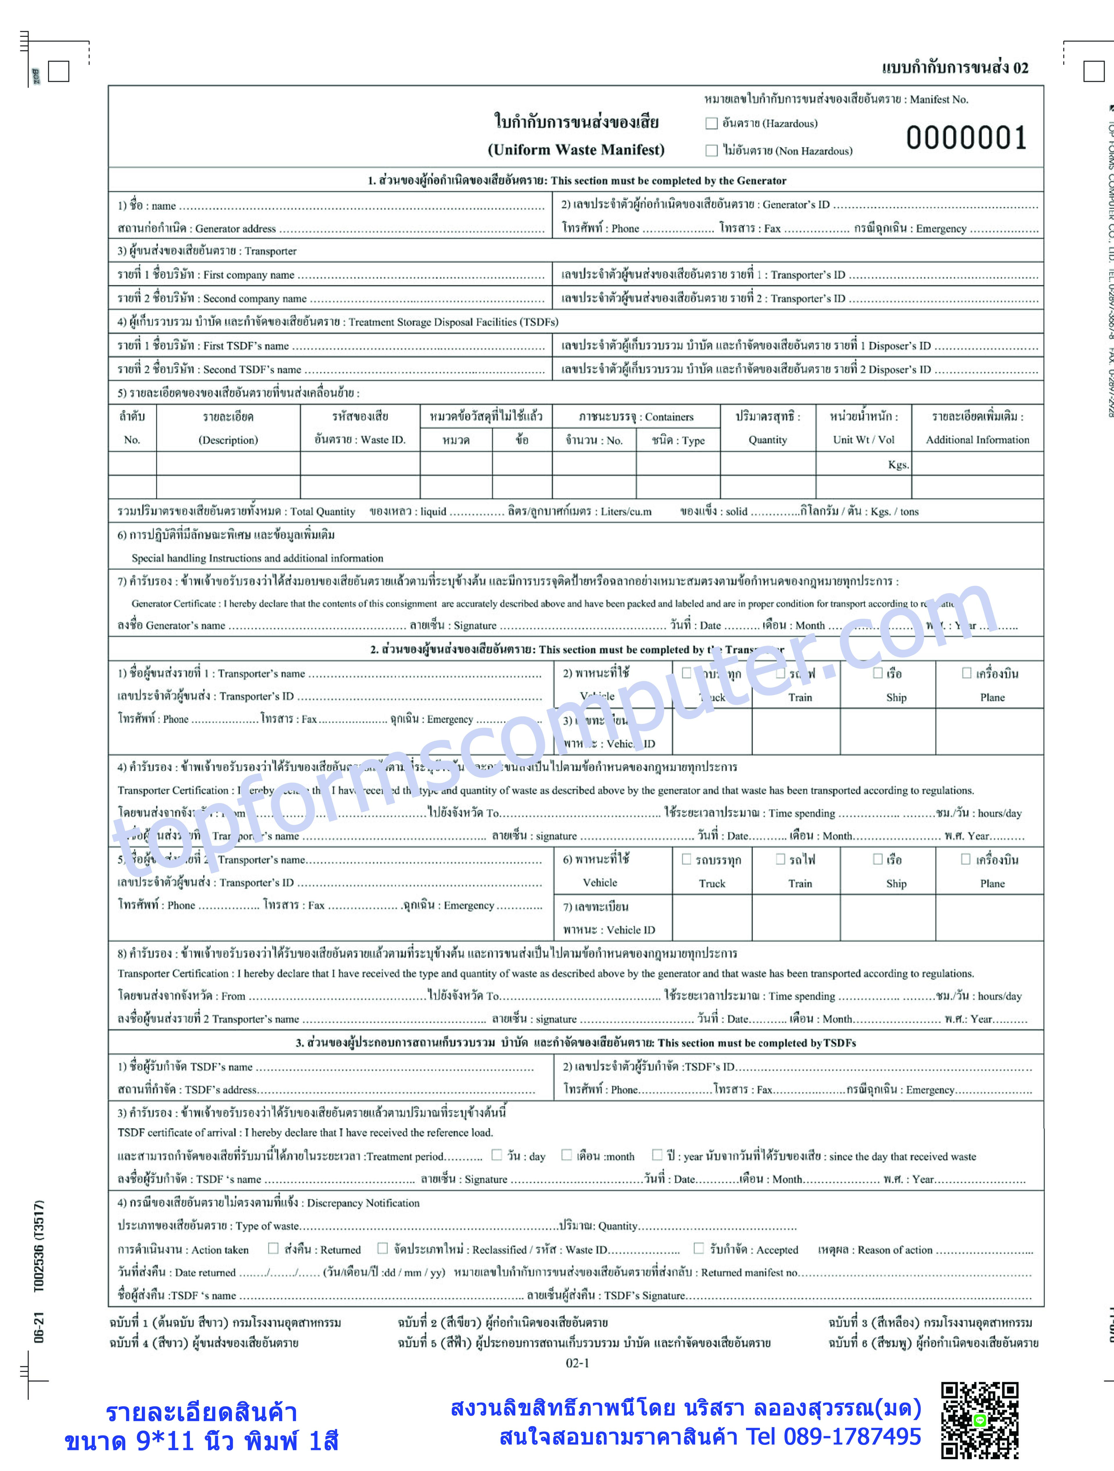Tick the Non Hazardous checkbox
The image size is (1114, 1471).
click(711, 151)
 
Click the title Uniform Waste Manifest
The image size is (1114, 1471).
click(576, 150)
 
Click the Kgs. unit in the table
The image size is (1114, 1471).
click(898, 465)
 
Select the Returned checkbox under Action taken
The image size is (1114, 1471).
click(273, 1248)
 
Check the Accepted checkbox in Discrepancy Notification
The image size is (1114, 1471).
click(698, 1248)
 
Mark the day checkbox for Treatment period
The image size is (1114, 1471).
click(496, 1155)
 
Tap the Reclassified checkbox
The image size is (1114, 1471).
click(382, 1248)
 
